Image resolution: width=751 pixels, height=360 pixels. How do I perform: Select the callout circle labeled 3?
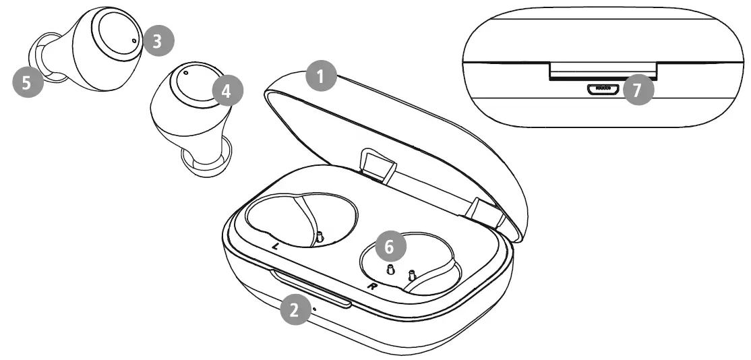tap(157, 41)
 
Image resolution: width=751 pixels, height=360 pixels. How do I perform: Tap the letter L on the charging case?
tap(275, 247)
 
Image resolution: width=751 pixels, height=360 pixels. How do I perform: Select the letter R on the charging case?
tap(371, 287)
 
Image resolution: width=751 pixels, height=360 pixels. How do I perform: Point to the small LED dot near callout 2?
tap(315, 310)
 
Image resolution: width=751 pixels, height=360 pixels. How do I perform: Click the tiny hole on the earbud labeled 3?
tap(133, 40)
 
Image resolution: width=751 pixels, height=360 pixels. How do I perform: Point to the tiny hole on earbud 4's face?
tap(186, 72)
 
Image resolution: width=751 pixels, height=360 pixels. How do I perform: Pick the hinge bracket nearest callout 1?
tap(378, 164)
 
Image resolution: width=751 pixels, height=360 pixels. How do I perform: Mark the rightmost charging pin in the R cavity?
tap(411, 275)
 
